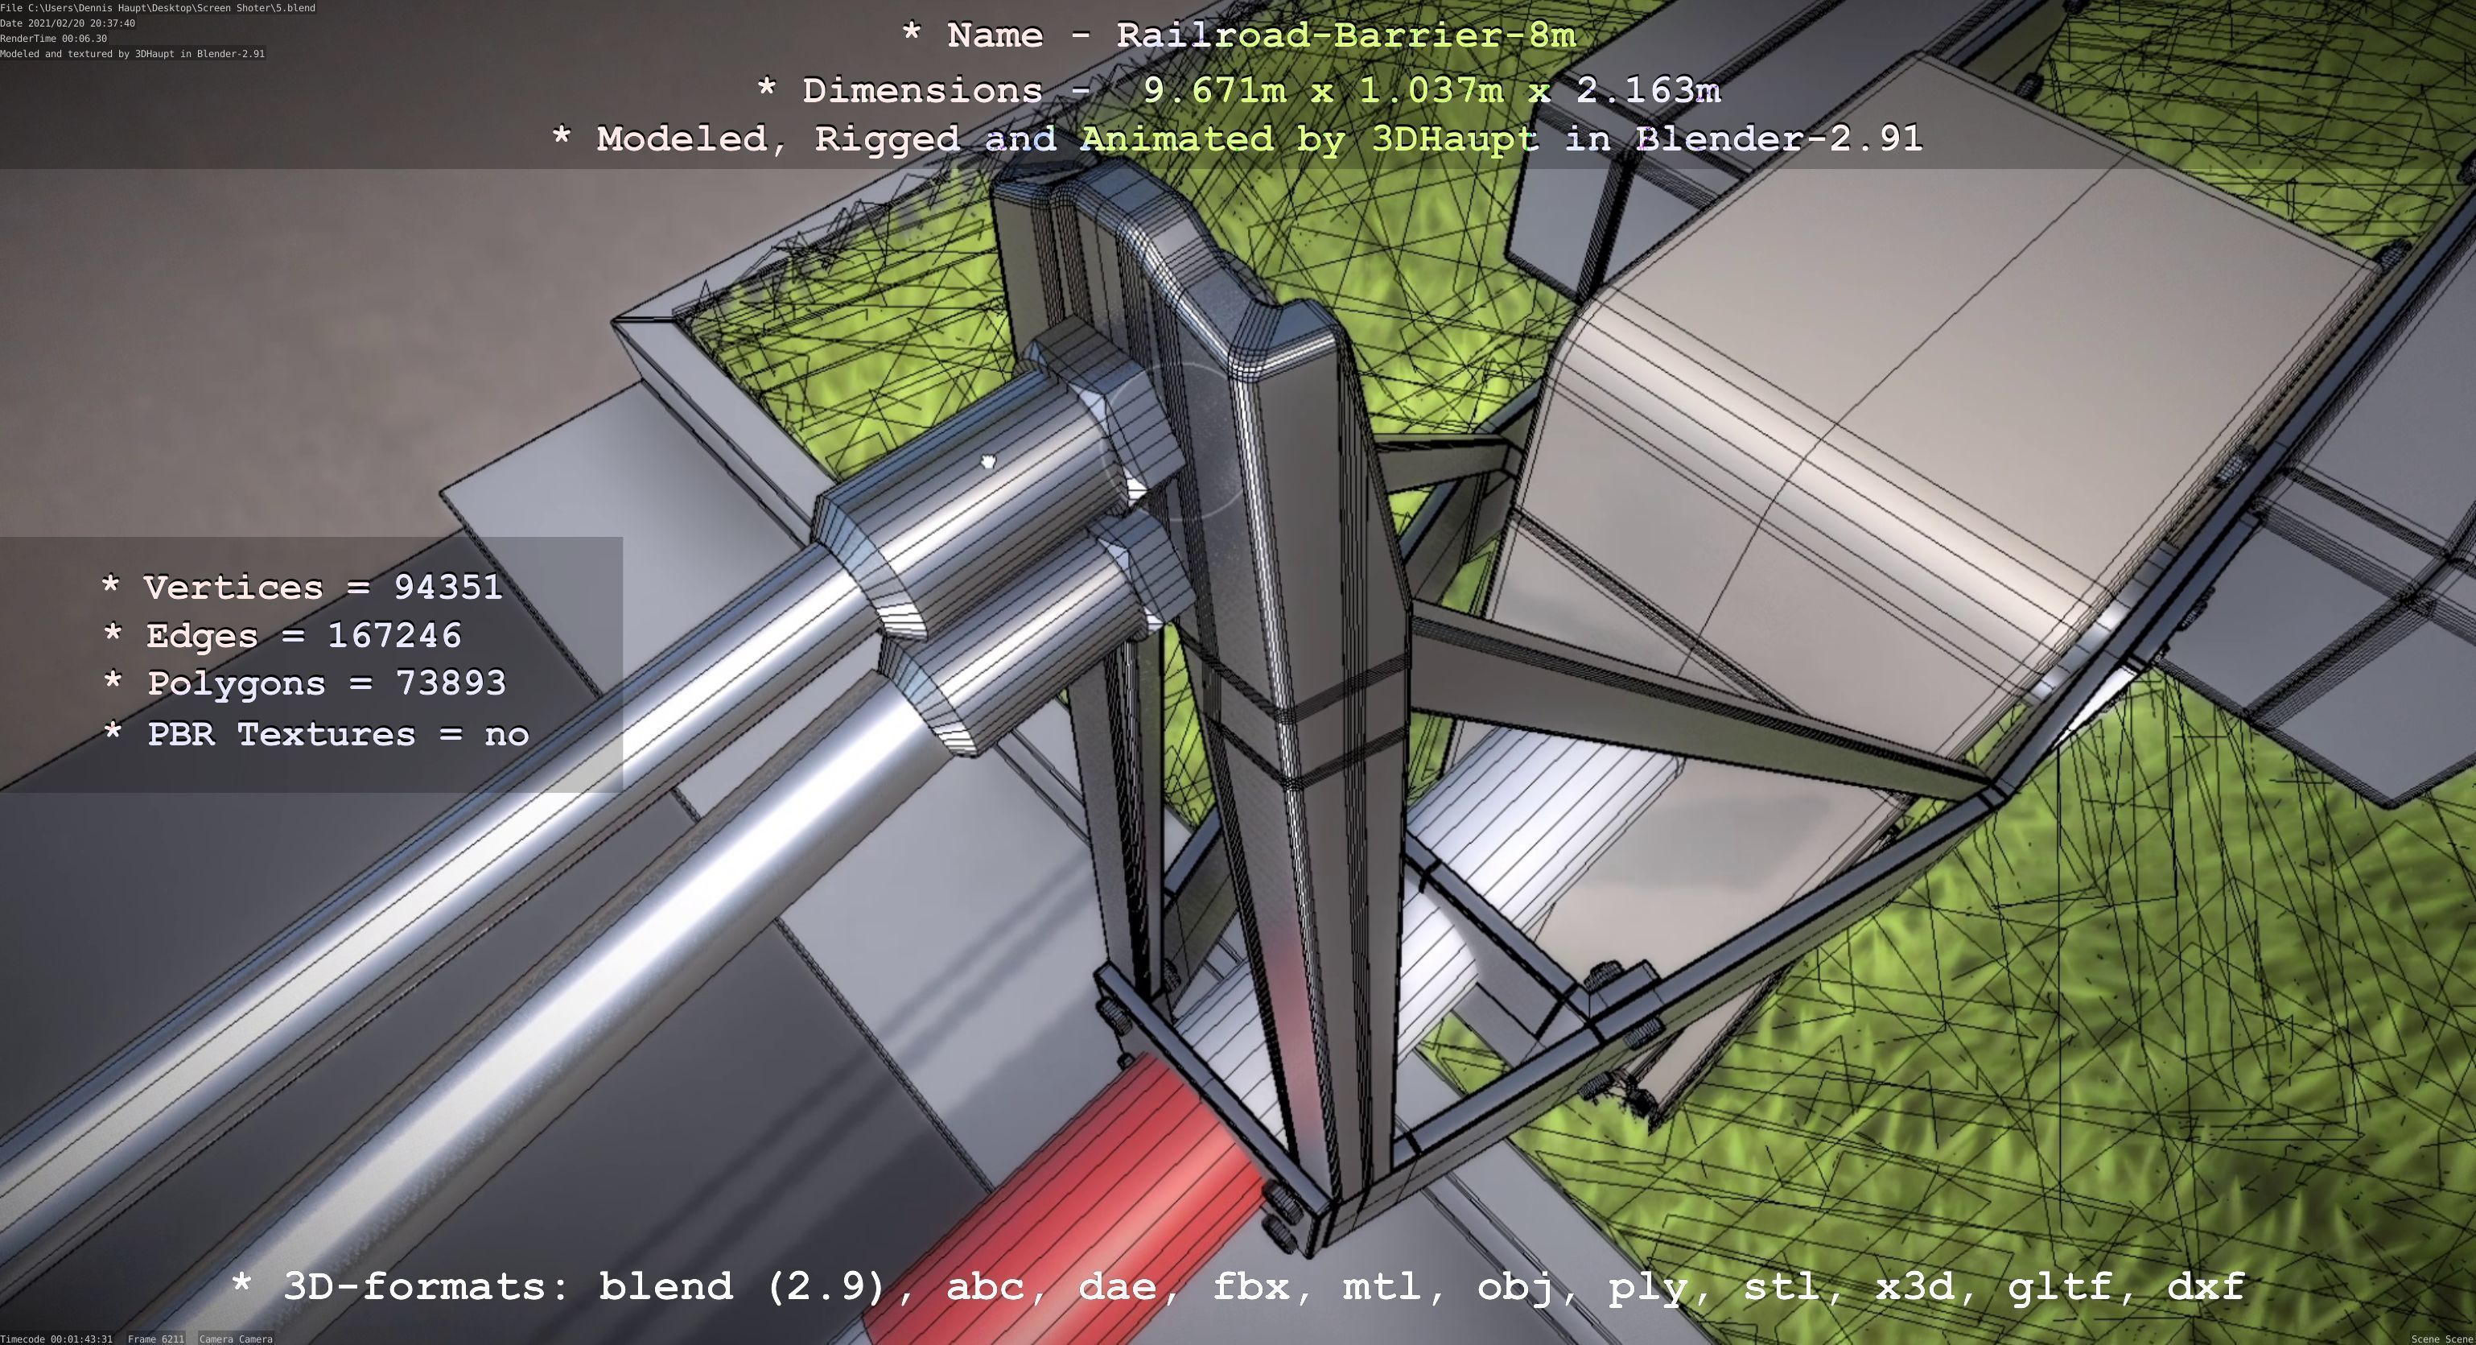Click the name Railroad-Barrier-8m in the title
point(1345,35)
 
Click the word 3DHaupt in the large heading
point(1454,138)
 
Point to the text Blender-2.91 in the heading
point(1778,138)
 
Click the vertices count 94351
point(448,588)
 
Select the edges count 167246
point(394,636)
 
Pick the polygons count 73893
point(451,683)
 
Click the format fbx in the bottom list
point(1250,1286)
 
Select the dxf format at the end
point(2206,1286)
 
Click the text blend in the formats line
point(666,1286)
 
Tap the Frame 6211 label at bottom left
point(156,1339)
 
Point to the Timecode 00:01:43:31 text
point(56,1339)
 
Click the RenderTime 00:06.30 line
point(54,39)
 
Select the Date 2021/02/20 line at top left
point(68,23)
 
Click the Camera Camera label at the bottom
point(236,1339)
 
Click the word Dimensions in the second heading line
point(922,90)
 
